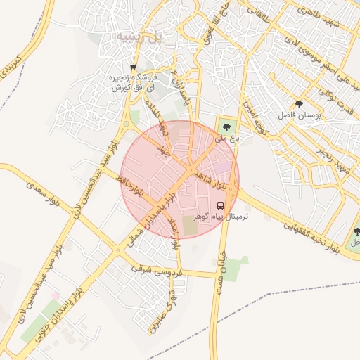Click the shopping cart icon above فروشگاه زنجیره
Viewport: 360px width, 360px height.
point(133,67)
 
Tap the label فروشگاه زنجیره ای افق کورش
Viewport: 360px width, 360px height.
point(132,82)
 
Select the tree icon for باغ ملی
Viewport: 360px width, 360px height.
point(226,127)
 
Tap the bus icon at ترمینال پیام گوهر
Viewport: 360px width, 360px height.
point(221,206)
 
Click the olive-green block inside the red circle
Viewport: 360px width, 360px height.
point(190,226)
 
